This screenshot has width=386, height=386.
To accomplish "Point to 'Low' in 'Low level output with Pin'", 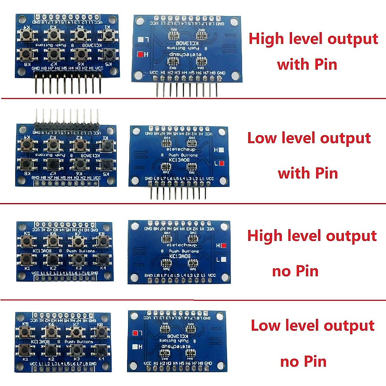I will pyautogui.click(x=262, y=138).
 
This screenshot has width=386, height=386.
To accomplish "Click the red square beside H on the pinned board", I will pyautogui.click(x=140, y=54).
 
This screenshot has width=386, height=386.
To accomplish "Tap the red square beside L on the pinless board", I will pyautogui.click(x=135, y=333).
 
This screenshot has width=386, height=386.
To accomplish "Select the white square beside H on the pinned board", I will pyautogui.click(x=221, y=150).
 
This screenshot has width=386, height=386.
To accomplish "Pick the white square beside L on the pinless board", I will pyautogui.click(x=224, y=259).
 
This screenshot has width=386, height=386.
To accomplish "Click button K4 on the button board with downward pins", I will pyautogui.click(x=27, y=34).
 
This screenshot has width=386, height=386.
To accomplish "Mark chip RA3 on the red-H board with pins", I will pyautogui.click(x=173, y=62).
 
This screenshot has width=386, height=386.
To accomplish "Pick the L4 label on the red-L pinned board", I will pyautogui.click(x=182, y=179).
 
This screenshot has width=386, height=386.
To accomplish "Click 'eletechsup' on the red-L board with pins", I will pyautogui.click(x=181, y=150).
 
